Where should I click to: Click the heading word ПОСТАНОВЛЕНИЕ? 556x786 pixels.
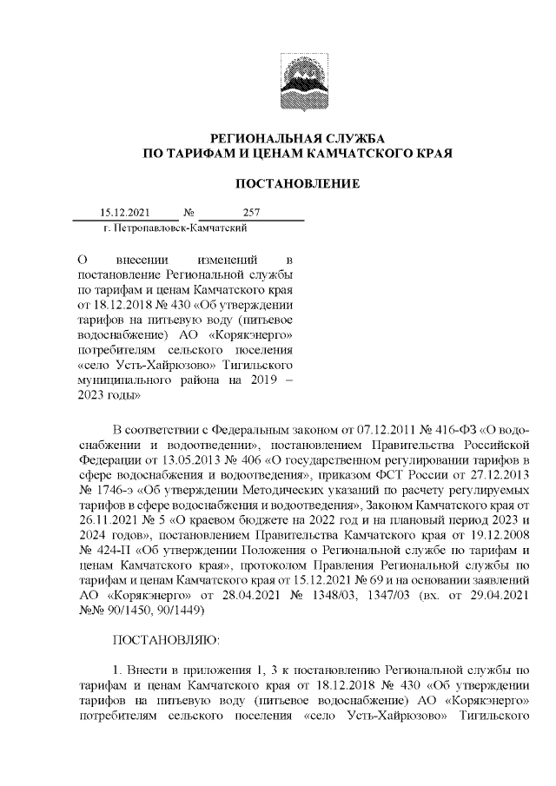point(298,183)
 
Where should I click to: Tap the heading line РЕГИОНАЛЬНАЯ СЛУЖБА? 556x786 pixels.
point(298,139)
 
